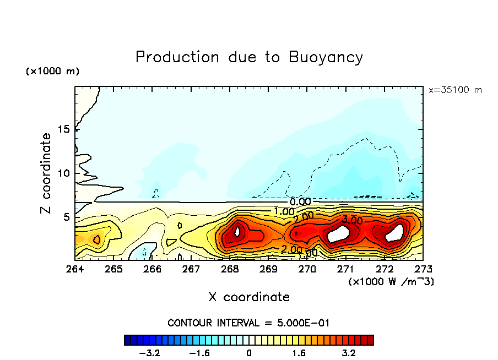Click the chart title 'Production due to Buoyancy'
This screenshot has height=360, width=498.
(249, 57)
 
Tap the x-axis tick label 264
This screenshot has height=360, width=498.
(75, 269)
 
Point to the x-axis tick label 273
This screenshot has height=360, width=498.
(423, 269)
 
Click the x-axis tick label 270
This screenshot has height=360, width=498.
(307, 269)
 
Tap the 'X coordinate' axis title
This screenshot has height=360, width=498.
(249, 297)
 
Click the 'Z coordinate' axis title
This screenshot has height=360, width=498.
(46, 173)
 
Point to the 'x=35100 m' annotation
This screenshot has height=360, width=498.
(455, 90)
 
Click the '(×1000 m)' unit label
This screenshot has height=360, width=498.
(52, 72)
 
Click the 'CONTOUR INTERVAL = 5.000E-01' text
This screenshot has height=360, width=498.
(249, 323)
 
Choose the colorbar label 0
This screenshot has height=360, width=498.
(249, 352)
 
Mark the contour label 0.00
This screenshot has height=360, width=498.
(300, 202)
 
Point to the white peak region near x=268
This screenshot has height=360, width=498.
(238, 231)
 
